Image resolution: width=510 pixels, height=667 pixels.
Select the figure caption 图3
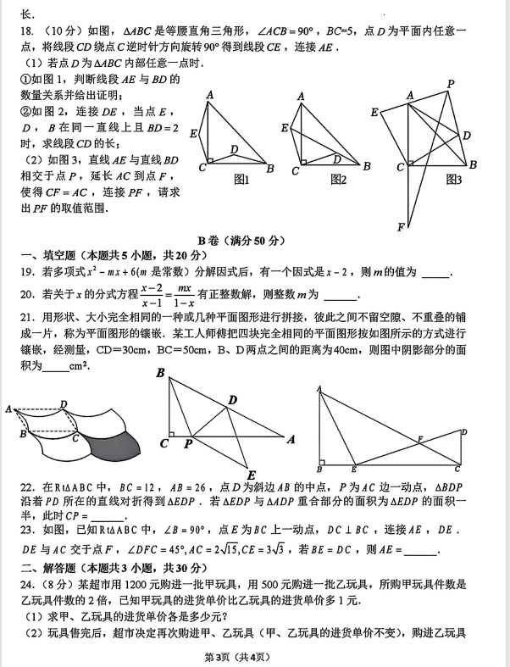pyautogui.click(x=453, y=180)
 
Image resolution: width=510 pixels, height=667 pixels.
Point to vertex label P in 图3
pyautogui.click(x=451, y=83)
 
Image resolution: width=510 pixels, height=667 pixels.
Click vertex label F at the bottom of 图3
pyautogui.click(x=401, y=226)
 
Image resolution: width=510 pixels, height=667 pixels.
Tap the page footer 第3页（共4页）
pyautogui.click(x=255, y=657)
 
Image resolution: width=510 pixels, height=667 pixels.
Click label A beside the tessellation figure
pyautogui.click(x=8, y=409)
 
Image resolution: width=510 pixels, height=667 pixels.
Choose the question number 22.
pyautogui.click(x=26, y=489)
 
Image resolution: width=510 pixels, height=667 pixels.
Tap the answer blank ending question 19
pyautogui.click(x=435, y=273)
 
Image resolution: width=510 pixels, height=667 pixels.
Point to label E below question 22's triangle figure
pyautogui.click(x=251, y=474)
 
